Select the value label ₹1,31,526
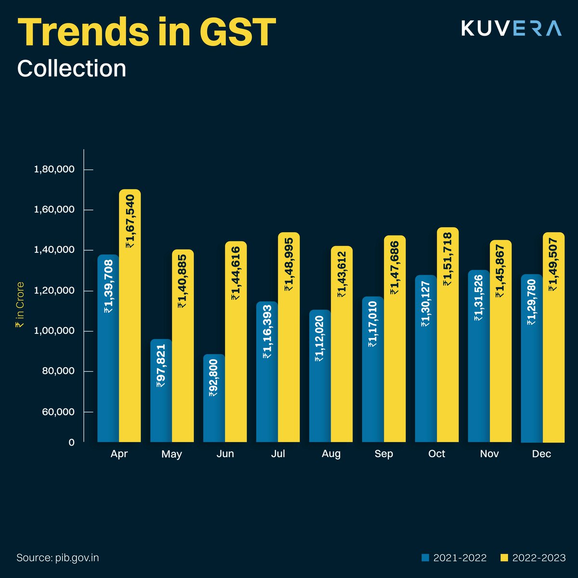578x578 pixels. [478, 298]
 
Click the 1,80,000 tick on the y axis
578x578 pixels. [54, 170]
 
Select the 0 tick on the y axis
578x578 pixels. [71, 442]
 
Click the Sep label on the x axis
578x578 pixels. [384, 454]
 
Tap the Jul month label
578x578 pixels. [278, 454]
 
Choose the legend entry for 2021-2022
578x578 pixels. [454, 558]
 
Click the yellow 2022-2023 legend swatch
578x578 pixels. [505, 558]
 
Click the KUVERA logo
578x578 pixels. [511, 28]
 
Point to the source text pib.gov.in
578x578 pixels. [58, 558]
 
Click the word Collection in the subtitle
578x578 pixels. [72, 68]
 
